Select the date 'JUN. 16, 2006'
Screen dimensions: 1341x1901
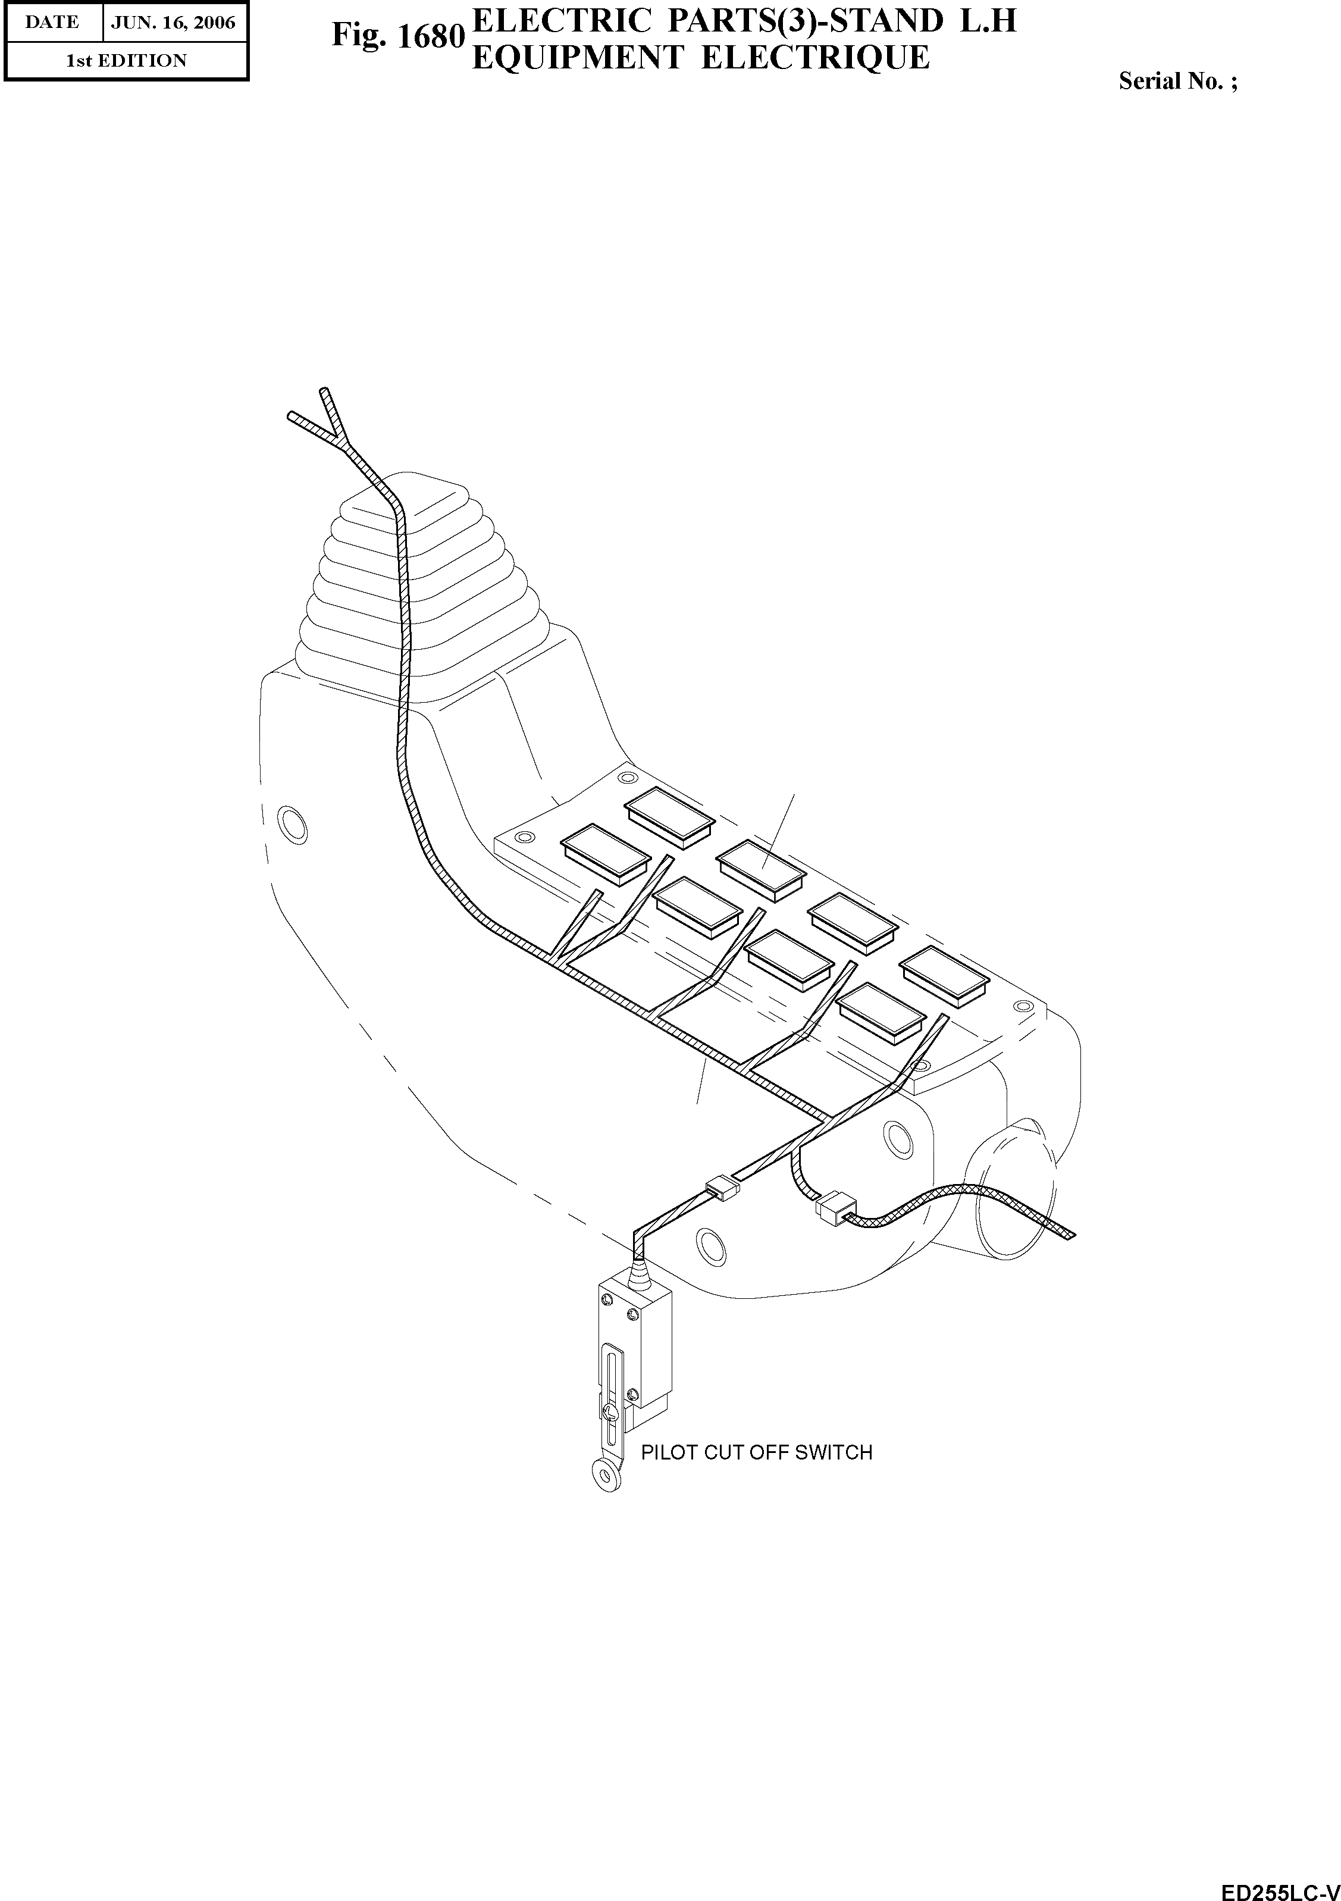pyautogui.click(x=174, y=23)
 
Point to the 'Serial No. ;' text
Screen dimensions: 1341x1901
pyautogui.click(x=1178, y=81)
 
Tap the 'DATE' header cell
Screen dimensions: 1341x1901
pyautogui.click(x=52, y=23)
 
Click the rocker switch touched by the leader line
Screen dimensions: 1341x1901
pyautogui.click(x=761, y=869)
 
